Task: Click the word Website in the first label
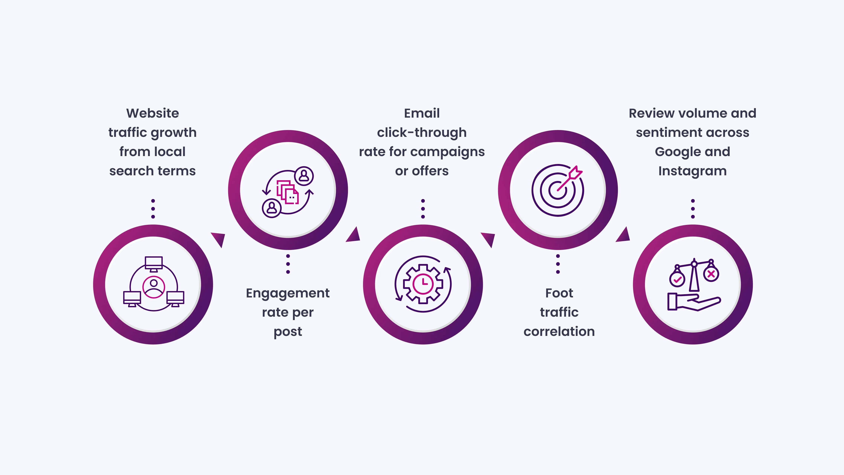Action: [x=153, y=113]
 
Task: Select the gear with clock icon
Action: [x=423, y=284]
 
